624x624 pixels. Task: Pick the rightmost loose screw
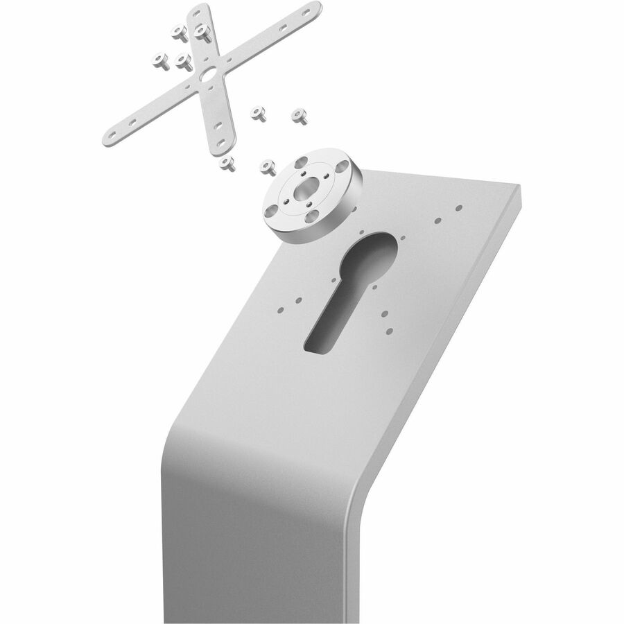[x=300, y=115]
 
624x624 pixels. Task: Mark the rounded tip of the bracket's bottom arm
[x=228, y=142]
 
